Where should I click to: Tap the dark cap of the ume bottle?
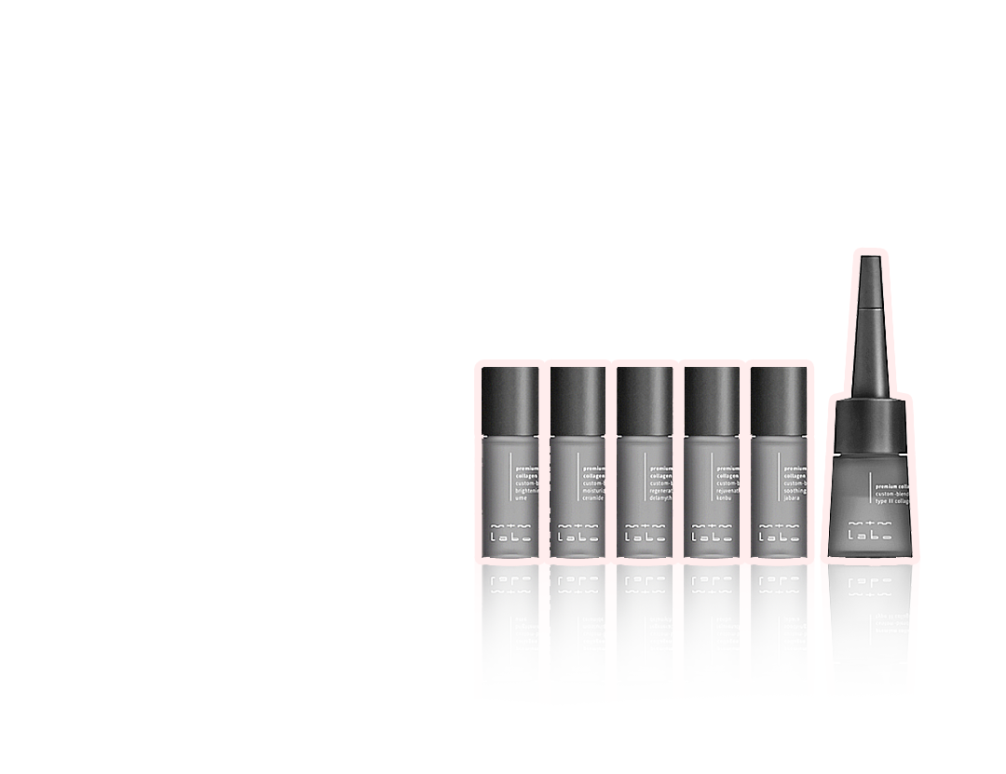pyautogui.click(x=510, y=401)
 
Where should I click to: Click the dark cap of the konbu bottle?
pyautogui.click(x=712, y=401)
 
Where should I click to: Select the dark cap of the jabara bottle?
pyautogui.click(x=779, y=401)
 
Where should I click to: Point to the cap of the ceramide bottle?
pyautogui.click(x=578, y=401)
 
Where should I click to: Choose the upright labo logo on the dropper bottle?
pyautogui.click(x=871, y=534)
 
